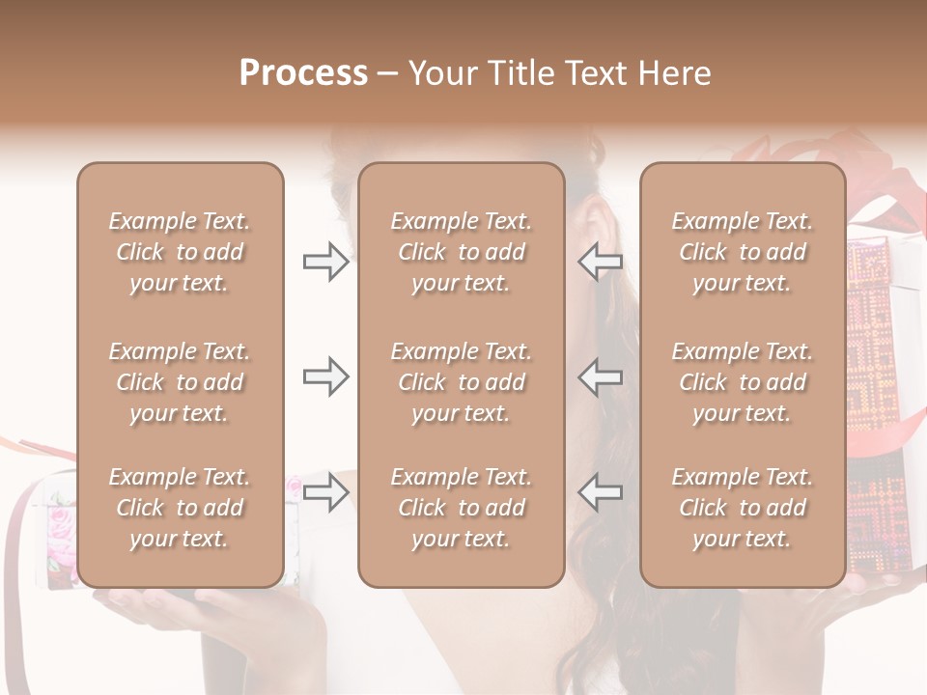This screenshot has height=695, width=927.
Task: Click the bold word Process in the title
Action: click(x=303, y=73)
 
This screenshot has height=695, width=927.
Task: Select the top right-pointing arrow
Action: click(x=325, y=262)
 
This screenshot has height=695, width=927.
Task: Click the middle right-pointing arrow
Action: click(x=325, y=376)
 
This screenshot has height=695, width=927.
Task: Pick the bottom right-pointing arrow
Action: click(x=325, y=492)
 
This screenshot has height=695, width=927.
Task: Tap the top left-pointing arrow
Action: click(x=601, y=262)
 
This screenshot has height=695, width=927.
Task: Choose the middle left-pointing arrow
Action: click(x=601, y=376)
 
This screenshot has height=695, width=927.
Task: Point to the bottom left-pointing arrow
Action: click(x=601, y=492)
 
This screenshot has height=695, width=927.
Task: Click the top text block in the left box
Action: click(x=180, y=252)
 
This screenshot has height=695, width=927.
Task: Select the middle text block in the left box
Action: click(x=180, y=382)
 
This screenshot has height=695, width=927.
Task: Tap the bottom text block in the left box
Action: click(x=180, y=508)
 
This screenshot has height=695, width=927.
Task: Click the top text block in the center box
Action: click(x=461, y=252)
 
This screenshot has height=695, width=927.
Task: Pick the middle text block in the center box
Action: click(x=461, y=382)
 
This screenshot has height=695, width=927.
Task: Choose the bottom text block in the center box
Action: click(x=461, y=508)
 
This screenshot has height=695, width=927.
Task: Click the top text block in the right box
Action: click(x=742, y=252)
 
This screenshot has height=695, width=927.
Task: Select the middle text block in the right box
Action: click(x=742, y=382)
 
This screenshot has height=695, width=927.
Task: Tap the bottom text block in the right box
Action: click(x=742, y=508)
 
